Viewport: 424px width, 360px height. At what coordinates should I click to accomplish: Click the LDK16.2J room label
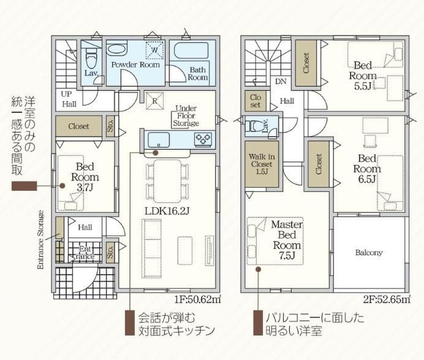tap(166, 211)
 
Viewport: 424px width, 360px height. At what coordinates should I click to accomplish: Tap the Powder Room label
tap(135, 65)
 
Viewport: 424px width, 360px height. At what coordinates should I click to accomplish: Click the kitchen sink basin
tap(158, 139)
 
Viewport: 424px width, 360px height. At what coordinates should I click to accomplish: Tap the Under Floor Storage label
tap(186, 116)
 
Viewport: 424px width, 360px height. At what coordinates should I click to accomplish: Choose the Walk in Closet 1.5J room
tap(262, 164)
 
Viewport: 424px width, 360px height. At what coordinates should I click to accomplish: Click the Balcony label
tap(369, 252)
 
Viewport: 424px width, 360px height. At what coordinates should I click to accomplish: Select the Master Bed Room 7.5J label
tap(287, 240)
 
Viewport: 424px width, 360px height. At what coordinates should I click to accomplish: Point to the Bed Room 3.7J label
tap(85, 177)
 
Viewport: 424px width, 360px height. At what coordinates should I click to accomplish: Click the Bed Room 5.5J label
tap(362, 76)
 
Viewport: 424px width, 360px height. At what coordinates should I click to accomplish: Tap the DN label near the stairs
tap(281, 81)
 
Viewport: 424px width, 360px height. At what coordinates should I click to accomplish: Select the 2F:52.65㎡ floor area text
tap(387, 299)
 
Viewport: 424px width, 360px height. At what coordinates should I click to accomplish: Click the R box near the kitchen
tap(155, 101)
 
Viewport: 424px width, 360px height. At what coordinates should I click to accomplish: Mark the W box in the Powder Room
tap(155, 50)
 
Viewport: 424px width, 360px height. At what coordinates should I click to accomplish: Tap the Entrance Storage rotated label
tap(40, 240)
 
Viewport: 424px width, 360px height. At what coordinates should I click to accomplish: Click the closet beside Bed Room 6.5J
tap(318, 164)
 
